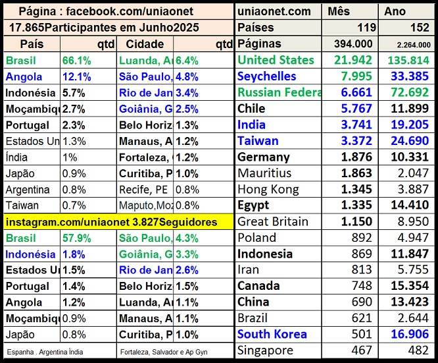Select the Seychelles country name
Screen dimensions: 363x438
(266, 76)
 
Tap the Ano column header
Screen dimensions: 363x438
(395, 11)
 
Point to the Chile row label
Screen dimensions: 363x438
(251, 109)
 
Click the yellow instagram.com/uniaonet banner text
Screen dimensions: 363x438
(112, 222)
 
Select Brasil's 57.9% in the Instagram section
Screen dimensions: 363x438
(78, 238)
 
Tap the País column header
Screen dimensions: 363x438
(32, 43)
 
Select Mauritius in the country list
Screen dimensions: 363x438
(264, 173)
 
